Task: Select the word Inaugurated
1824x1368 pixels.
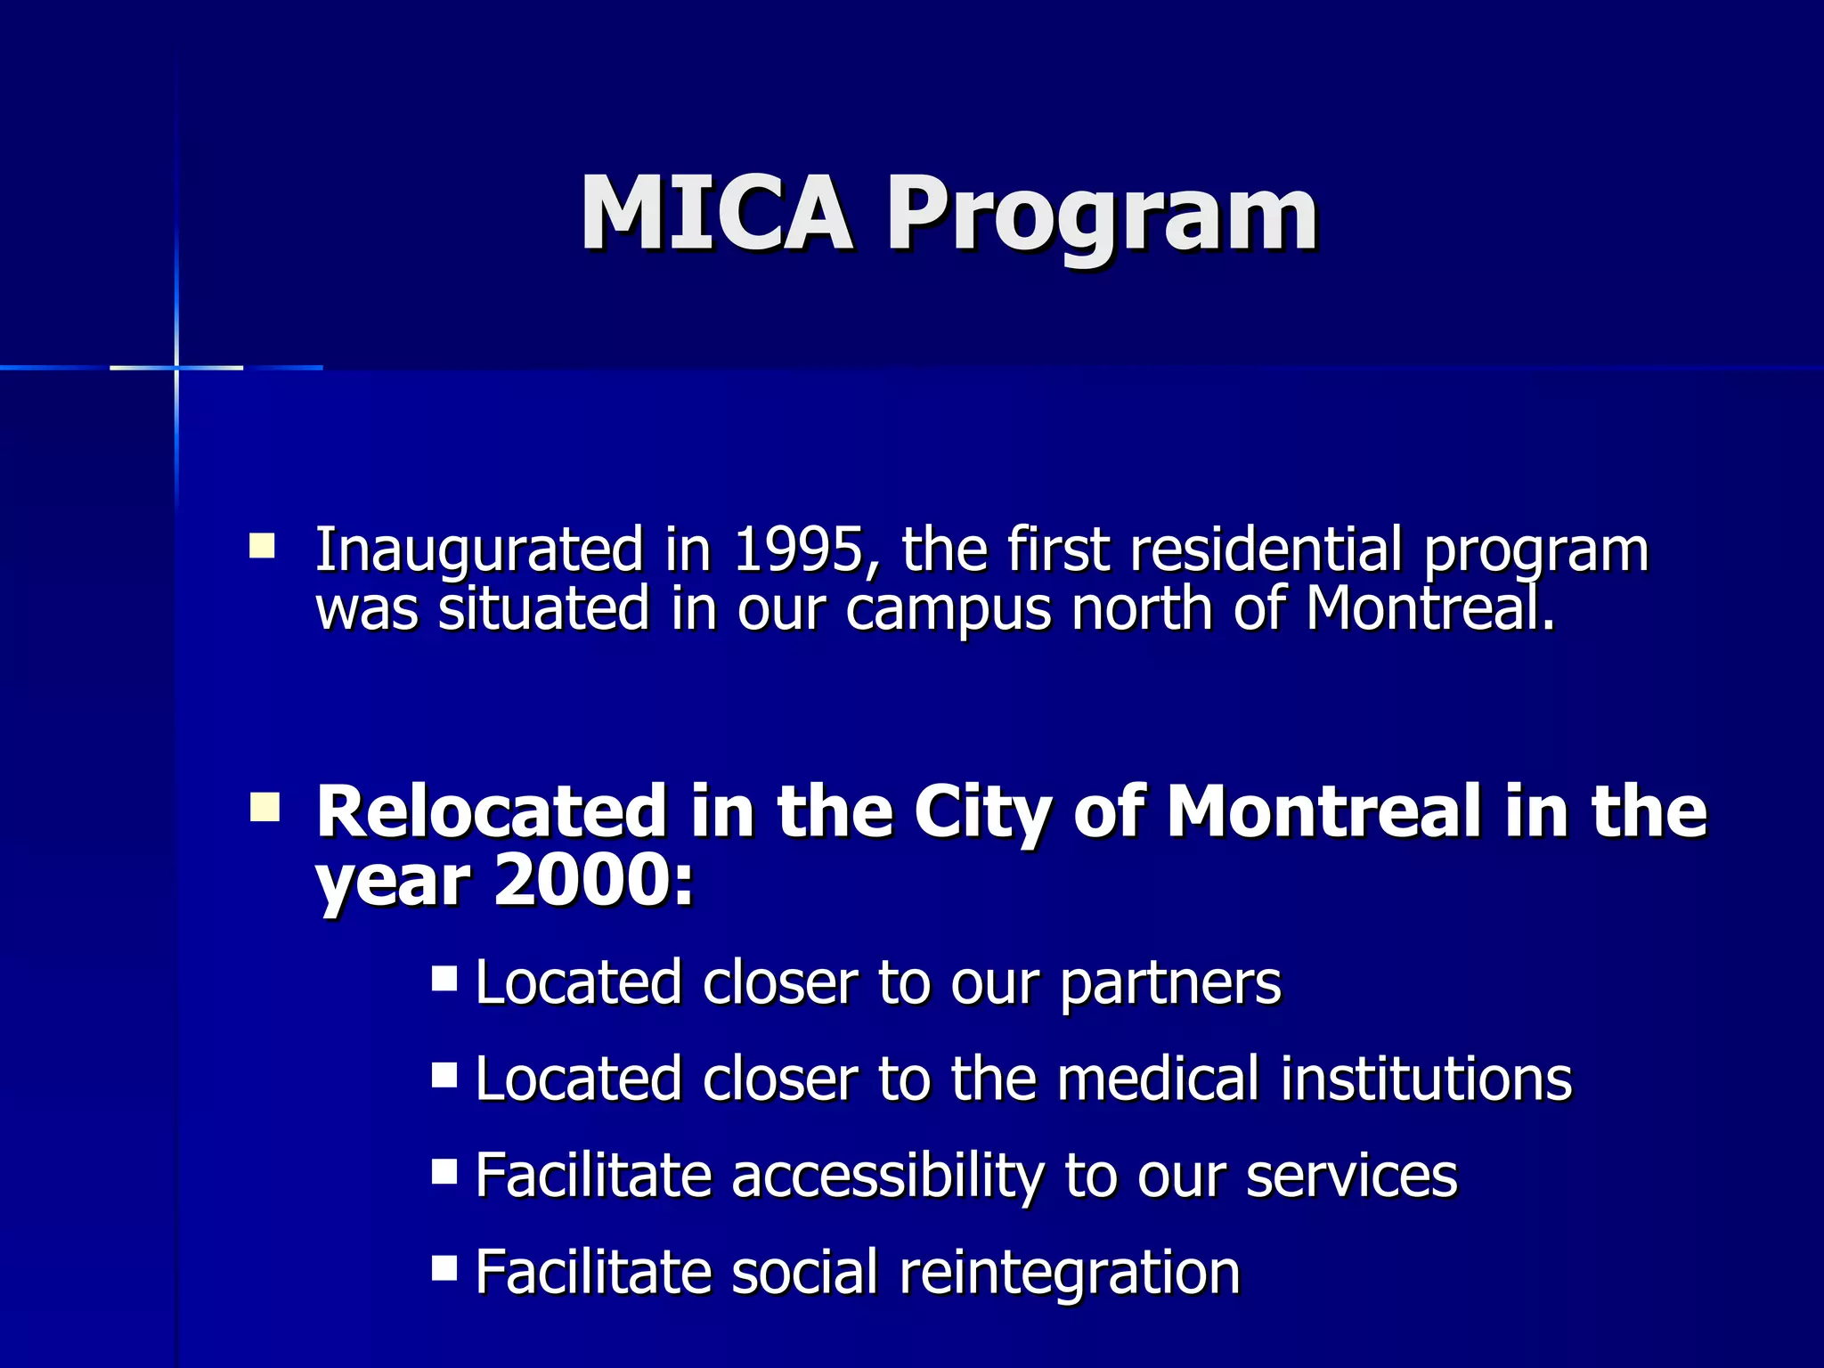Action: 479,551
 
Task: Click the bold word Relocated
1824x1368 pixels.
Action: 491,811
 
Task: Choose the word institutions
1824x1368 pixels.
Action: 1427,1079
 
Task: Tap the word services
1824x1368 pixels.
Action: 1351,1176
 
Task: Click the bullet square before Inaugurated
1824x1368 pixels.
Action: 262,545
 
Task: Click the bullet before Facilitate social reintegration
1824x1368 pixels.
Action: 444,1267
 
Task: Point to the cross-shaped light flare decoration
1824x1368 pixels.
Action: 176,367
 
